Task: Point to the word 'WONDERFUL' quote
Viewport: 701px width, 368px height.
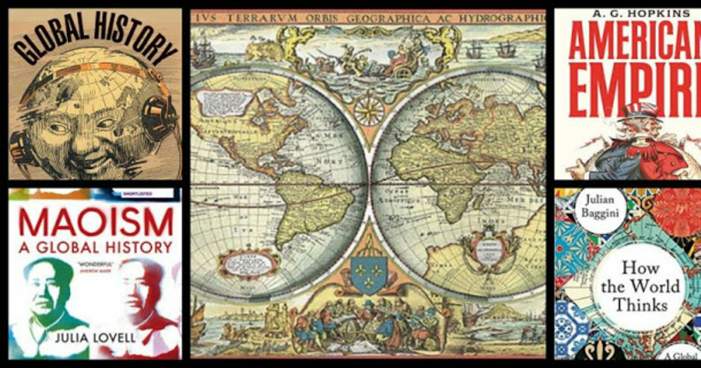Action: coord(93,263)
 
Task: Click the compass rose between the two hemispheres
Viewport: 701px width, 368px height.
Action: coord(368,110)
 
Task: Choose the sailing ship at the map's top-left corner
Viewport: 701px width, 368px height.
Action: coord(204,55)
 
